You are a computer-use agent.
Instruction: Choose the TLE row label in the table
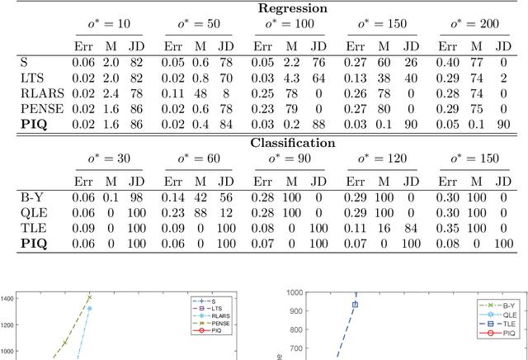[x=31, y=228]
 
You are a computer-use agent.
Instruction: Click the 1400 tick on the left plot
[x=11, y=298]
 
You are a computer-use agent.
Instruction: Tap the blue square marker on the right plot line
[x=356, y=305]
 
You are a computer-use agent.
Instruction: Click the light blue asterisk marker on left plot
[x=89, y=309]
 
